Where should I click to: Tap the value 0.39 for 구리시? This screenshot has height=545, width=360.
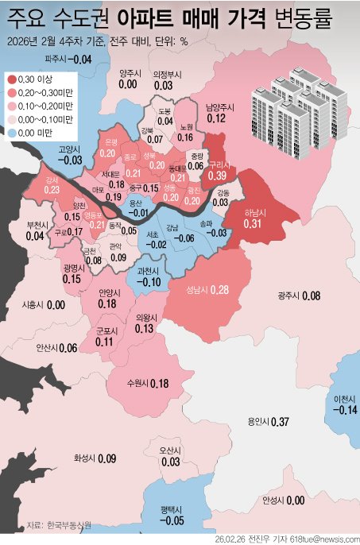coord(218,176)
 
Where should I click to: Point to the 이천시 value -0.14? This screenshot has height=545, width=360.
coord(346,410)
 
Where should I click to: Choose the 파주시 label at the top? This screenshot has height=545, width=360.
coord(56,60)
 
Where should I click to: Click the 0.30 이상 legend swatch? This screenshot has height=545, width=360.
coord(10,79)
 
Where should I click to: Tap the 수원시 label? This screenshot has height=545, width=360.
coord(137,385)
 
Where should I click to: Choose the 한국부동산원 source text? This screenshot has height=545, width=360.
coord(71,524)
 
